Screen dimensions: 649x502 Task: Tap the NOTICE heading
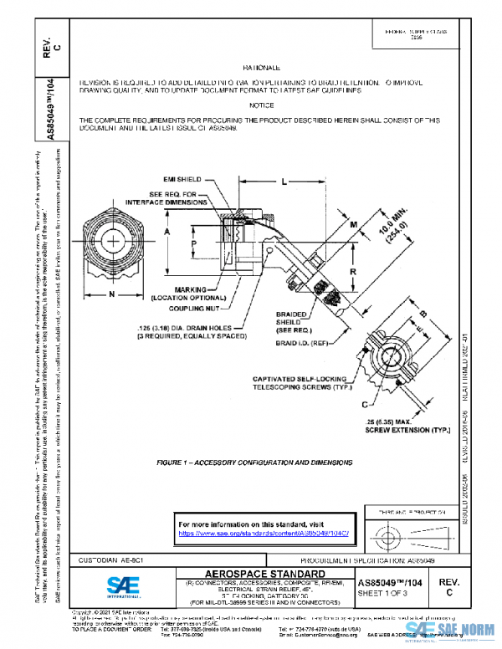(x=260, y=105)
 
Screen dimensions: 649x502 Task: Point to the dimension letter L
(x=284, y=181)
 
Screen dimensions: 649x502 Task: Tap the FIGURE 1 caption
(x=254, y=462)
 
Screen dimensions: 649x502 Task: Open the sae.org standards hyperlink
(x=264, y=533)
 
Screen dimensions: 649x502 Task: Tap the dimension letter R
(x=355, y=273)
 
